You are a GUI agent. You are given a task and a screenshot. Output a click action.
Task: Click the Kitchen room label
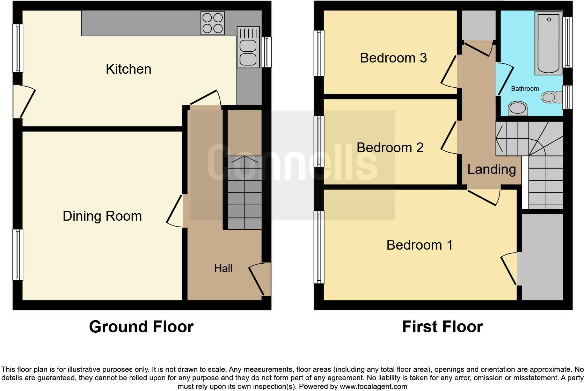point(129,69)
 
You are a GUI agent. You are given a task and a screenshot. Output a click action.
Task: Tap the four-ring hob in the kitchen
point(212,23)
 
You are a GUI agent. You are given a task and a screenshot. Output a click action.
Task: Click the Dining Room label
point(102,216)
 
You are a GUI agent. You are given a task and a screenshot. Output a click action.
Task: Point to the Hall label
point(223,268)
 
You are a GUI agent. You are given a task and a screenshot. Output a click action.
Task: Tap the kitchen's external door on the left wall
point(24,101)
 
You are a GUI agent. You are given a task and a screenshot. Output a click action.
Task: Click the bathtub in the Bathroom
point(548,43)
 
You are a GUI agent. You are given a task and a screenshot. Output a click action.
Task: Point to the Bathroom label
point(525,89)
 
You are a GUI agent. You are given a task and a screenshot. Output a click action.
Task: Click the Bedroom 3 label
point(393,58)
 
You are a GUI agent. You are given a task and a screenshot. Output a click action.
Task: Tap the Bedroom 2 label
point(390,148)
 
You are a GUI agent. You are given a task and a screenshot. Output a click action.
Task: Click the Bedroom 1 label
point(419,245)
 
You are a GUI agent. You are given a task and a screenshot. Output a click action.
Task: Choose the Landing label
point(491,169)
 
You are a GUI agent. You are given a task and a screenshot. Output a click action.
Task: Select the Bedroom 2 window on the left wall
point(319,141)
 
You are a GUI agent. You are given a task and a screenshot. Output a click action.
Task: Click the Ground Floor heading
point(141,327)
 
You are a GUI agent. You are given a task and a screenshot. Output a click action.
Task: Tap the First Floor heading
point(442,327)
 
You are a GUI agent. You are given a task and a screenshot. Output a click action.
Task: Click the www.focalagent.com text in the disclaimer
point(373,386)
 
